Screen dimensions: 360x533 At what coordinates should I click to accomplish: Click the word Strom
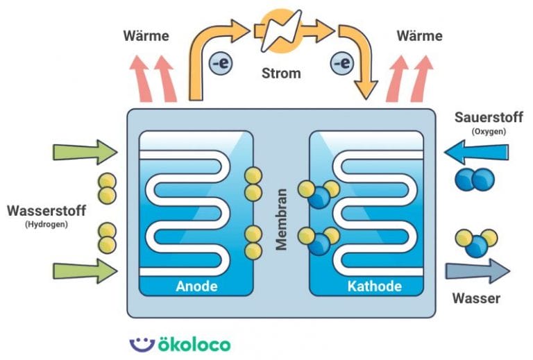[x=281, y=73]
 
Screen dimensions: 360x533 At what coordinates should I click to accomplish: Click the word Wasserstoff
[x=44, y=209]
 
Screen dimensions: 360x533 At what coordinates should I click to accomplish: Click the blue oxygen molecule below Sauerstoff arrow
[x=475, y=180]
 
